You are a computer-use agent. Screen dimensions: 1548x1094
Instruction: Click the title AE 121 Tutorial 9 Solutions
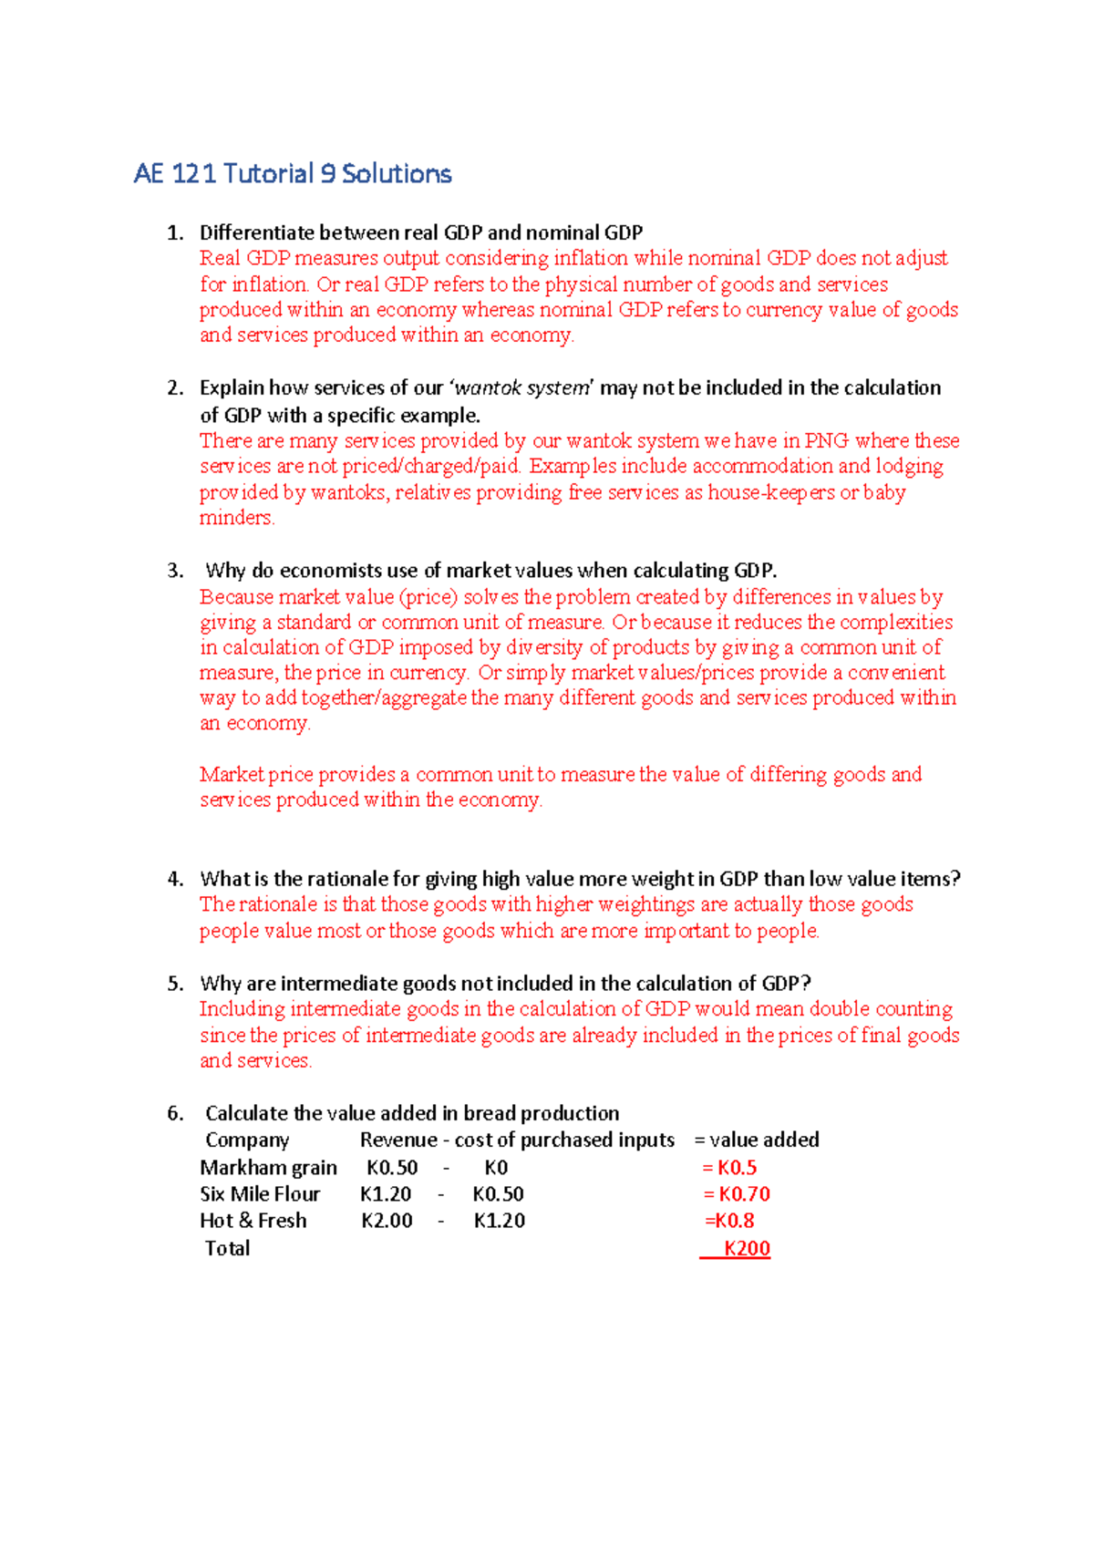click(x=293, y=173)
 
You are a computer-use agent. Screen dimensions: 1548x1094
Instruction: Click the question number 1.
click(x=174, y=233)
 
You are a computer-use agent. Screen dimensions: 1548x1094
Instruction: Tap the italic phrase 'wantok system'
click(x=522, y=388)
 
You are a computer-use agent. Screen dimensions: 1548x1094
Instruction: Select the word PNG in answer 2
click(x=827, y=441)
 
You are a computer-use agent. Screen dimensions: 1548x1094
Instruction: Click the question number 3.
click(x=174, y=572)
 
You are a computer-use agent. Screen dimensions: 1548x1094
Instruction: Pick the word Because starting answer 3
click(x=236, y=597)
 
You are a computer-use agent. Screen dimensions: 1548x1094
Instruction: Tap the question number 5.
click(x=174, y=984)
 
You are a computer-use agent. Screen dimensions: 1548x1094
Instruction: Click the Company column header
click(x=247, y=1140)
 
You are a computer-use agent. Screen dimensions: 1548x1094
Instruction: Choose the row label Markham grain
click(x=268, y=1168)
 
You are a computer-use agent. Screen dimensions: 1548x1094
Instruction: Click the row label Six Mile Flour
click(x=260, y=1194)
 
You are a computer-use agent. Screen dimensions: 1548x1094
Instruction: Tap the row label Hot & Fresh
click(x=253, y=1221)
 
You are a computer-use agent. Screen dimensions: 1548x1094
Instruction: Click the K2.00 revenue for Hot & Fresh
click(x=387, y=1221)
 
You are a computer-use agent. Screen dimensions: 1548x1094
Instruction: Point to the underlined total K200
click(x=746, y=1249)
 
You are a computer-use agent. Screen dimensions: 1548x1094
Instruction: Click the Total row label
click(x=227, y=1249)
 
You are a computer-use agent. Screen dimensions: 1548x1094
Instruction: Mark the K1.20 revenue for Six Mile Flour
click(x=386, y=1194)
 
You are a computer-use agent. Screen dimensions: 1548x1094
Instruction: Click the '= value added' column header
click(x=757, y=1140)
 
